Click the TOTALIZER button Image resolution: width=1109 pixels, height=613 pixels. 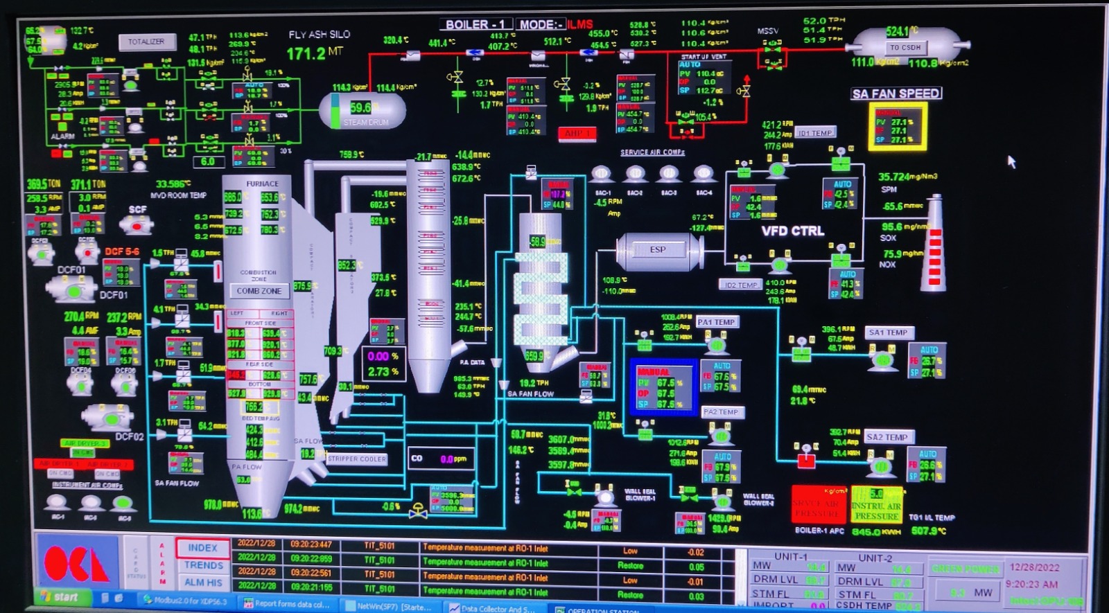146,42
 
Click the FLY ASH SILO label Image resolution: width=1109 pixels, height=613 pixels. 320,34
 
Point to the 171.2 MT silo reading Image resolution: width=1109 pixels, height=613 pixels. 314,53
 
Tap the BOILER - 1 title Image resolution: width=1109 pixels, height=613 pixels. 475,24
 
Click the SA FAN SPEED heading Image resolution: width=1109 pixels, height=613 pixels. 896,93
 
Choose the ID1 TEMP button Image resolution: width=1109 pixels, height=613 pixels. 816,133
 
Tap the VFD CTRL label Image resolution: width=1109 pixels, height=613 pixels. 793,231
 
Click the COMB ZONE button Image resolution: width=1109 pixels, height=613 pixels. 259,291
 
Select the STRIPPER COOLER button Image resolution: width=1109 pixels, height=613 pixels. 357,459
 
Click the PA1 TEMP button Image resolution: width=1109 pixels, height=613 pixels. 717,322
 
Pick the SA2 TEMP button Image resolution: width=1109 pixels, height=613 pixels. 887,437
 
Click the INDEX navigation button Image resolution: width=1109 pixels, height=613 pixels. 202,548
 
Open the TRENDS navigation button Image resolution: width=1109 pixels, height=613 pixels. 203,565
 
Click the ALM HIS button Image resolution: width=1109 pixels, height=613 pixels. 203,583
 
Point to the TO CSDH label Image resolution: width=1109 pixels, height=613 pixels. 905,48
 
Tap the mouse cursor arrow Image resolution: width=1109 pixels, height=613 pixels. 1011,161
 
